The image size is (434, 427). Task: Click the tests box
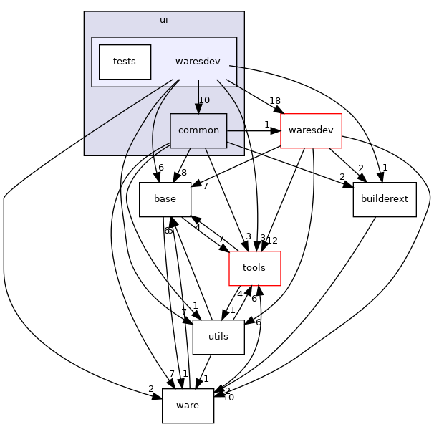[x=125, y=62]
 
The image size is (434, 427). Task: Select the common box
[x=198, y=131]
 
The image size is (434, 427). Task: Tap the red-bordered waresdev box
[x=311, y=130]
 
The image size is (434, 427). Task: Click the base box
[x=165, y=200]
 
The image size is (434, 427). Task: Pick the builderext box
[x=385, y=200]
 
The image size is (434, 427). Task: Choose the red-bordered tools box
[x=254, y=268]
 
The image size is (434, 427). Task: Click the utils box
[x=218, y=337]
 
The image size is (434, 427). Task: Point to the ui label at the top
[x=164, y=20]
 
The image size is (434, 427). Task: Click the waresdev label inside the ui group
[x=197, y=62]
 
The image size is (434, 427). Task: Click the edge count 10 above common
[x=204, y=100]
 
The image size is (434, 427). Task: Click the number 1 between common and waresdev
[x=266, y=125]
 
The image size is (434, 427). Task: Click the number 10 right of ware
[x=228, y=397]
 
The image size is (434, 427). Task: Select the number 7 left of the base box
[x=205, y=186]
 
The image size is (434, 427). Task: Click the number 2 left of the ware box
[x=150, y=389]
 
